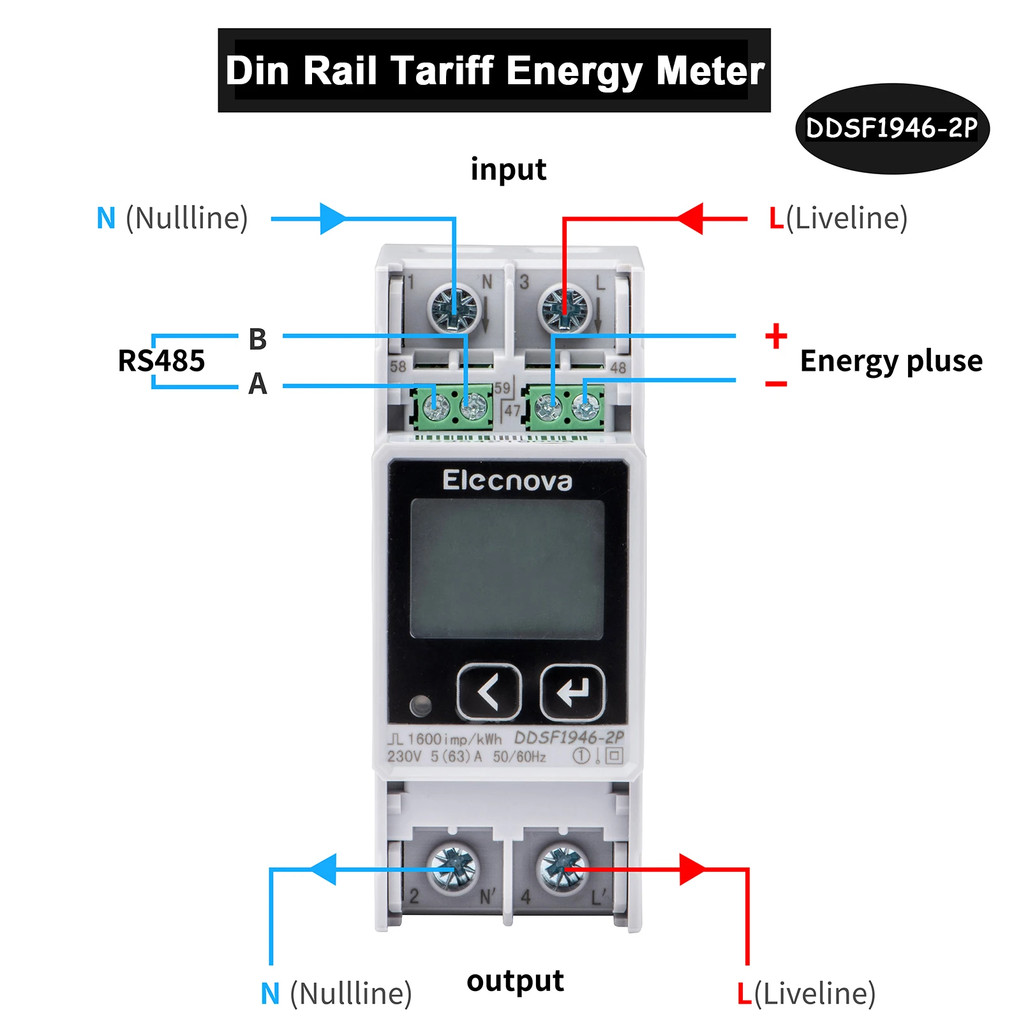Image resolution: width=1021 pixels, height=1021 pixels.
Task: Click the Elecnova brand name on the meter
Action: coord(507,481)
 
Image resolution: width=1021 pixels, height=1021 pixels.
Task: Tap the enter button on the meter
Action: coord(572,692)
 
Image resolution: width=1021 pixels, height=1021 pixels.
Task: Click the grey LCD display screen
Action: coord(507,568)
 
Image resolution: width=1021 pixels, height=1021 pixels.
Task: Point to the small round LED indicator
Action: coord(421,705)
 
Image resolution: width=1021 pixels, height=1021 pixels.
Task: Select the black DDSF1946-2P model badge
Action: coord(891,128)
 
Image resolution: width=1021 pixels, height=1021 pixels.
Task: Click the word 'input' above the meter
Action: coord(509,170)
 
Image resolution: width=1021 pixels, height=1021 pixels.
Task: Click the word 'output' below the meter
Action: coord(515,981)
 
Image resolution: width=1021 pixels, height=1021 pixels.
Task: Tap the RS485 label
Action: coord(161,361)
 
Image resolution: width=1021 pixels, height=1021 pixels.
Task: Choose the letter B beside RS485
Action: coord(257,339)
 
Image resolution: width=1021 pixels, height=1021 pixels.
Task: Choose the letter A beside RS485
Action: coord(257,384)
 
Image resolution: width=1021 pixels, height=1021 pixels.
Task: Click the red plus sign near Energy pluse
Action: coord(776,336)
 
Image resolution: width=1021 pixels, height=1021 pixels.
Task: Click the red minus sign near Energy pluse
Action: coord(776,384)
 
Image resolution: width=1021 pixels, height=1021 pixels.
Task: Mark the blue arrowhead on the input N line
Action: coord(332,219)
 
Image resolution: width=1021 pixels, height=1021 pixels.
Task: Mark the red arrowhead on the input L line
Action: coord(690,219)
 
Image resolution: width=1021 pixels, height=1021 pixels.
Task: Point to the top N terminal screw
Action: coord(452,308)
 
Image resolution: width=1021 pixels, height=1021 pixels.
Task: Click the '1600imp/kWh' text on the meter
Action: coord(454,739)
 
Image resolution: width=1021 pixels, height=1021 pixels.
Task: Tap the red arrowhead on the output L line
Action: coord(692,869)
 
